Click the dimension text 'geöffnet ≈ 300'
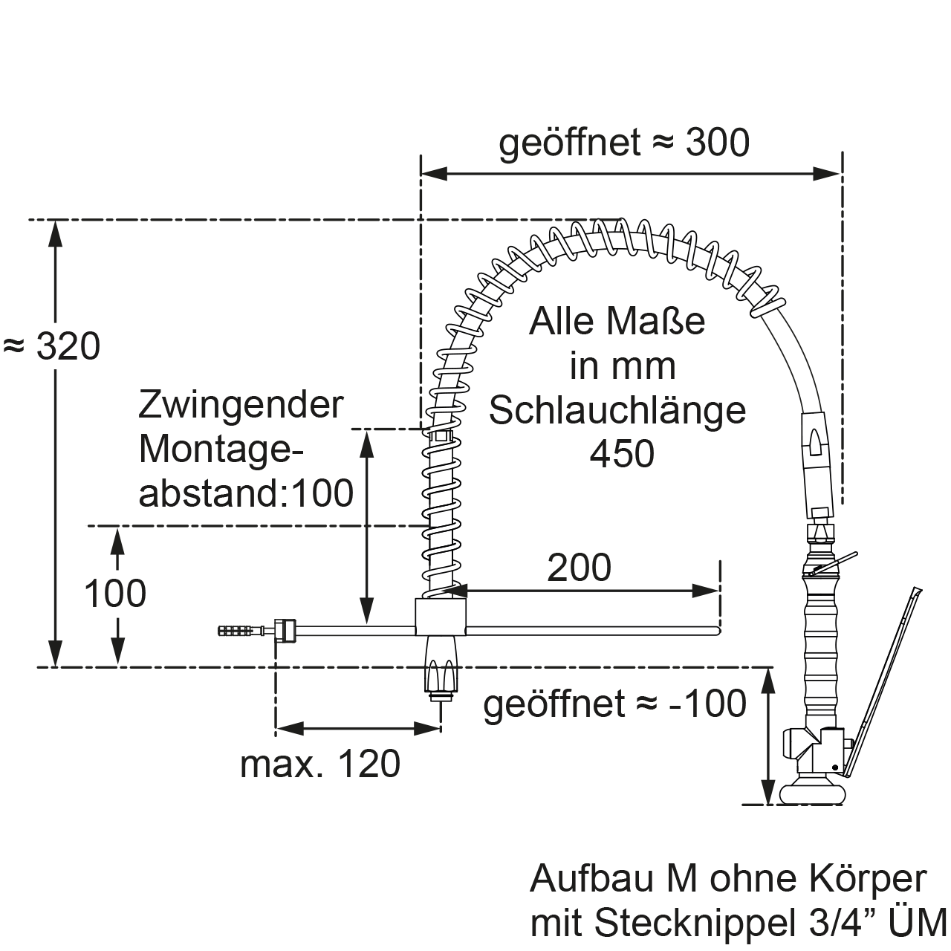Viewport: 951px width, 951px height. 624,143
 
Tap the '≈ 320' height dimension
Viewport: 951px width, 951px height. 52,347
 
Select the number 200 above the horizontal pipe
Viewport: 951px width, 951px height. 579,568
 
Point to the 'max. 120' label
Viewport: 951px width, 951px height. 320,764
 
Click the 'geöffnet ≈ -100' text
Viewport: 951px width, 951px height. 614,704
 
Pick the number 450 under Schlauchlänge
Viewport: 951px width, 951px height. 622,454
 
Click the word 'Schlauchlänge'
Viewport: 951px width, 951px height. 617,410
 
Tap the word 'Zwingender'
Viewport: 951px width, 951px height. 241,406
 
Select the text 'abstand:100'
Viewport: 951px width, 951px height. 246,493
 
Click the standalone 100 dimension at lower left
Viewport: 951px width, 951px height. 114,594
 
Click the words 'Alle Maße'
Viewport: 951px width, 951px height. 617,322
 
